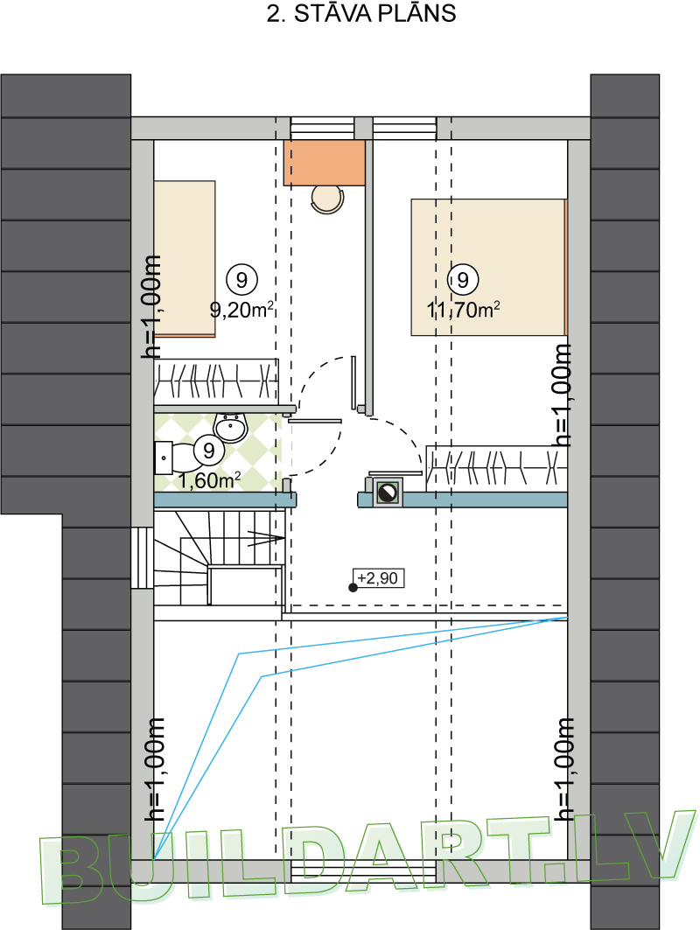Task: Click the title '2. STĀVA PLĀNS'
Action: [x=360, y=13]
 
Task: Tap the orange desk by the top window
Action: [x=324, y=163]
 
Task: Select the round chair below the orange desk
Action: [x=327, y=199]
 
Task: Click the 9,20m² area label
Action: [x=242, y=309]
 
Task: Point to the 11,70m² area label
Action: [x=463, y=309]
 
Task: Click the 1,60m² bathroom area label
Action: [x=209, y=480]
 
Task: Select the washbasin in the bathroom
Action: [x=231, y=426]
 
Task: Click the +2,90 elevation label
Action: [x=379, y=577]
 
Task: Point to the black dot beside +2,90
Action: [x=353, y=588]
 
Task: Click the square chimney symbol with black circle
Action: [x=388, y=493]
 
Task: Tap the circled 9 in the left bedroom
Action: [x=242, y=279]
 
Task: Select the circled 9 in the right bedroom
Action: [x=463, y=279]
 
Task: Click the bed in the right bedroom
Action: [x=489, y=268]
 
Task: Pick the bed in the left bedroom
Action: [x=185, y=259]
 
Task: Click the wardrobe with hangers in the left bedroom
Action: [x=216, y=381]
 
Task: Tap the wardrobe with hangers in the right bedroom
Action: [x=496, y=469]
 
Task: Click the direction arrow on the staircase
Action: [x=265, y=539]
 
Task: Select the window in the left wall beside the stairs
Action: [x=143, y=557]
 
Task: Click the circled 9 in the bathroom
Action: [x=209, y=451]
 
